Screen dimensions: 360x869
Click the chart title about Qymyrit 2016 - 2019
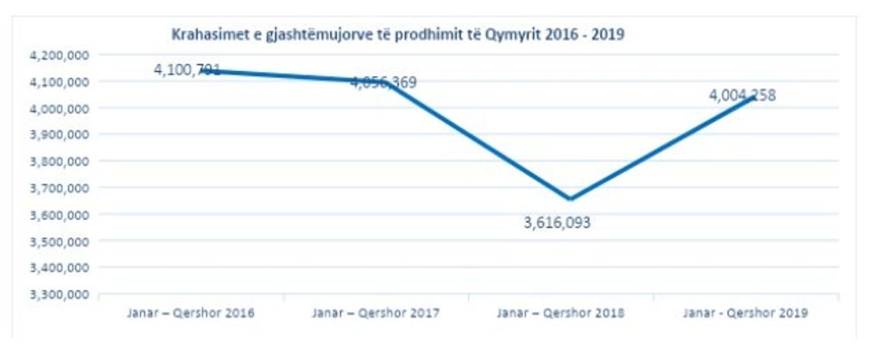pos(399,35)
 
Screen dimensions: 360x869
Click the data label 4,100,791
pos(186,69)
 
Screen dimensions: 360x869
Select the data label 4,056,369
pos(383,82)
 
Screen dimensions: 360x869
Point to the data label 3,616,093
pos(557,223)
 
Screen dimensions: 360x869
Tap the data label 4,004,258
pos(742,96)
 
